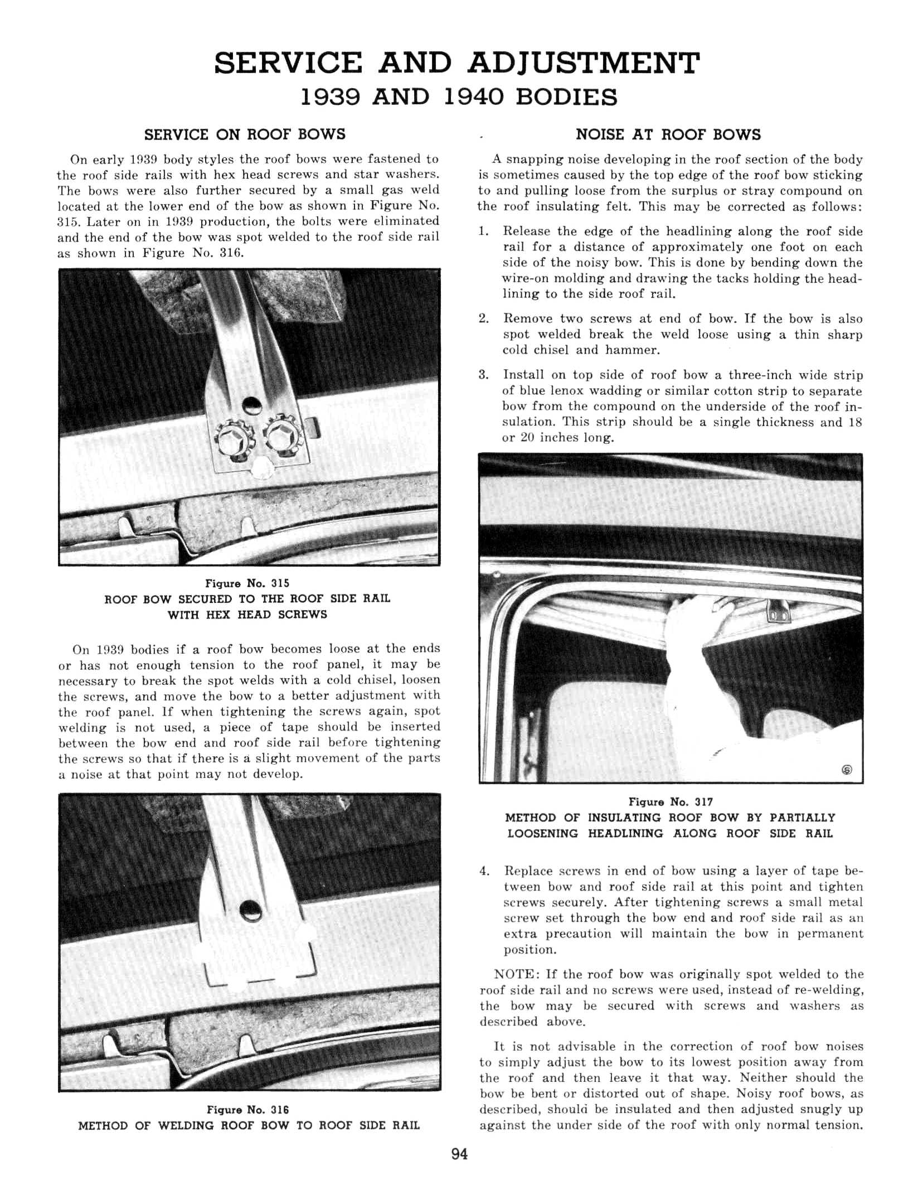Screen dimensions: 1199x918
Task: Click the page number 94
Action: coord(459,1154)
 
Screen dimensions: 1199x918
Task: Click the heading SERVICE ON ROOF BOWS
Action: coord(245,134)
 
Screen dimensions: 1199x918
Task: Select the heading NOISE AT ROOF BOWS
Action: coord(668,134)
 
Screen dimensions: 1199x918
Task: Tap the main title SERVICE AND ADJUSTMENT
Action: coord(456,62)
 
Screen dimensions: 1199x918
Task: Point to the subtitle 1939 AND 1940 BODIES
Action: coord(459,97)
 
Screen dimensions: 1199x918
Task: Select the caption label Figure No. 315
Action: coord(247,583)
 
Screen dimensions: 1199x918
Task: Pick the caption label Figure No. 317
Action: coord(671,801)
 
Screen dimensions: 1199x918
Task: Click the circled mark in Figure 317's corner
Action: coord(846,770)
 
